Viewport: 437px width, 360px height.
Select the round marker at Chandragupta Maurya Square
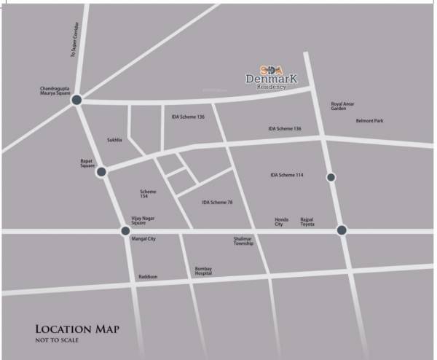tap(77, 101)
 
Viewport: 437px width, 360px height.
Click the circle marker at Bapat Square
tap(102, 172)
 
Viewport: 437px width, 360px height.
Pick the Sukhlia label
tap(115, 139)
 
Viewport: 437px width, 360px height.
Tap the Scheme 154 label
tap(148, 194)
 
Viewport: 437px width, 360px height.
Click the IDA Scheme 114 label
tap(286, 175)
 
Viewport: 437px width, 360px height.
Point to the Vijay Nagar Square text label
tap(143, 221)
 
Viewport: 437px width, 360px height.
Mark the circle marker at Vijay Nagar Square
tap(125, 231)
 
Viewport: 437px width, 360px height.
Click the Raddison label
tap(148, 277)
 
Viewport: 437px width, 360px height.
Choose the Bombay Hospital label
tap(203, 270)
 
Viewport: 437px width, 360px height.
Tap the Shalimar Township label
tap(243, 240)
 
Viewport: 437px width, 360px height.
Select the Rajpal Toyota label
tap(308, 222)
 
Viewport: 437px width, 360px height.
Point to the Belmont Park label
tap(369, 121)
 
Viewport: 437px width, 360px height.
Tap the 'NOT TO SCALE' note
tap(57, 340)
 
